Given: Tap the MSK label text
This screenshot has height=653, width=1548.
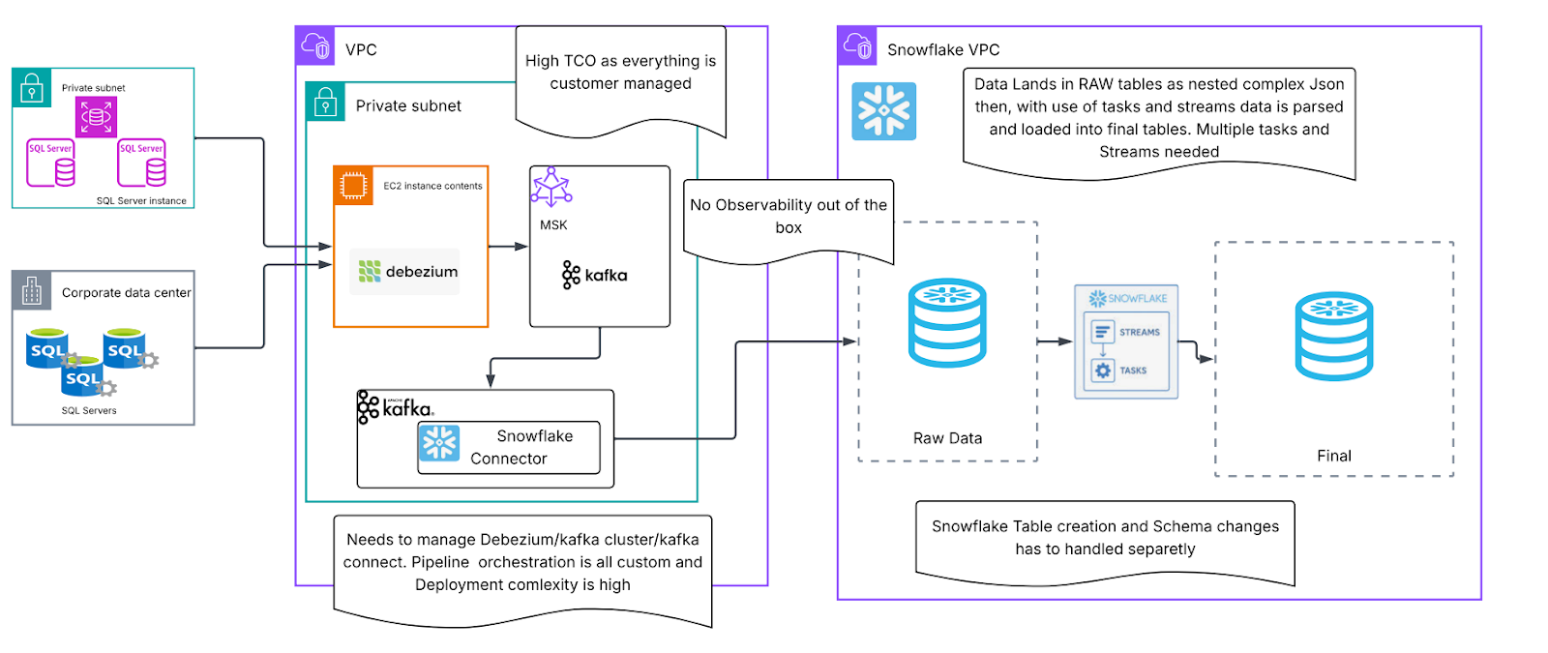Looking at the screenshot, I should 553,224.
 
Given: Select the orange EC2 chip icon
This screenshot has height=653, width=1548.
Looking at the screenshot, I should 353,185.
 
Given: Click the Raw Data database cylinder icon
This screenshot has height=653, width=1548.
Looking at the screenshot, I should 947,323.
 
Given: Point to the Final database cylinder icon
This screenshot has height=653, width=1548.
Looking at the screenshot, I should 1333,336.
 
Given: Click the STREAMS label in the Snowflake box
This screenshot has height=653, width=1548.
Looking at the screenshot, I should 1139,332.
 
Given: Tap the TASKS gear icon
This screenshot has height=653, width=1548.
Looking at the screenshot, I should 1103,371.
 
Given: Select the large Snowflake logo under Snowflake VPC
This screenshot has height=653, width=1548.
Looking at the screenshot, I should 883,111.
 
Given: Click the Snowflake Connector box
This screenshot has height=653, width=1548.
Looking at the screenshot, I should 509,447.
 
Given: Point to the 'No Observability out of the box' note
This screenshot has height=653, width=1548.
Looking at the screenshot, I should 788,218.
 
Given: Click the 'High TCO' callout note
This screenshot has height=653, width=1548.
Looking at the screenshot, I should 620,74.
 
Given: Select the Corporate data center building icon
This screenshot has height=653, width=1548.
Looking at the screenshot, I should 32,290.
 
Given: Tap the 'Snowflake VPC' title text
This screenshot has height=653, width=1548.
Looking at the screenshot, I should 942,49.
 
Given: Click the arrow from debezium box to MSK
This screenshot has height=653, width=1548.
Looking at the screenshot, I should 508,247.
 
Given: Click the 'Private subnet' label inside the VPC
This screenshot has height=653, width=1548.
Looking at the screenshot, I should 408,105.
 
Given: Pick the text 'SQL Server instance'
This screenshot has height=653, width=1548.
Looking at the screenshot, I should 141,201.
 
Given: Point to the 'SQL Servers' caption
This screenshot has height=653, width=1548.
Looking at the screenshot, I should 89,410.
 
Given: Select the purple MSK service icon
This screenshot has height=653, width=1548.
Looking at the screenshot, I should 551,187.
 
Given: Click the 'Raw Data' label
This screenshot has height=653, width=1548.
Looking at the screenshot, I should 947,438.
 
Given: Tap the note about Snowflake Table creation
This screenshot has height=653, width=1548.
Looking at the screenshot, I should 1104,538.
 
